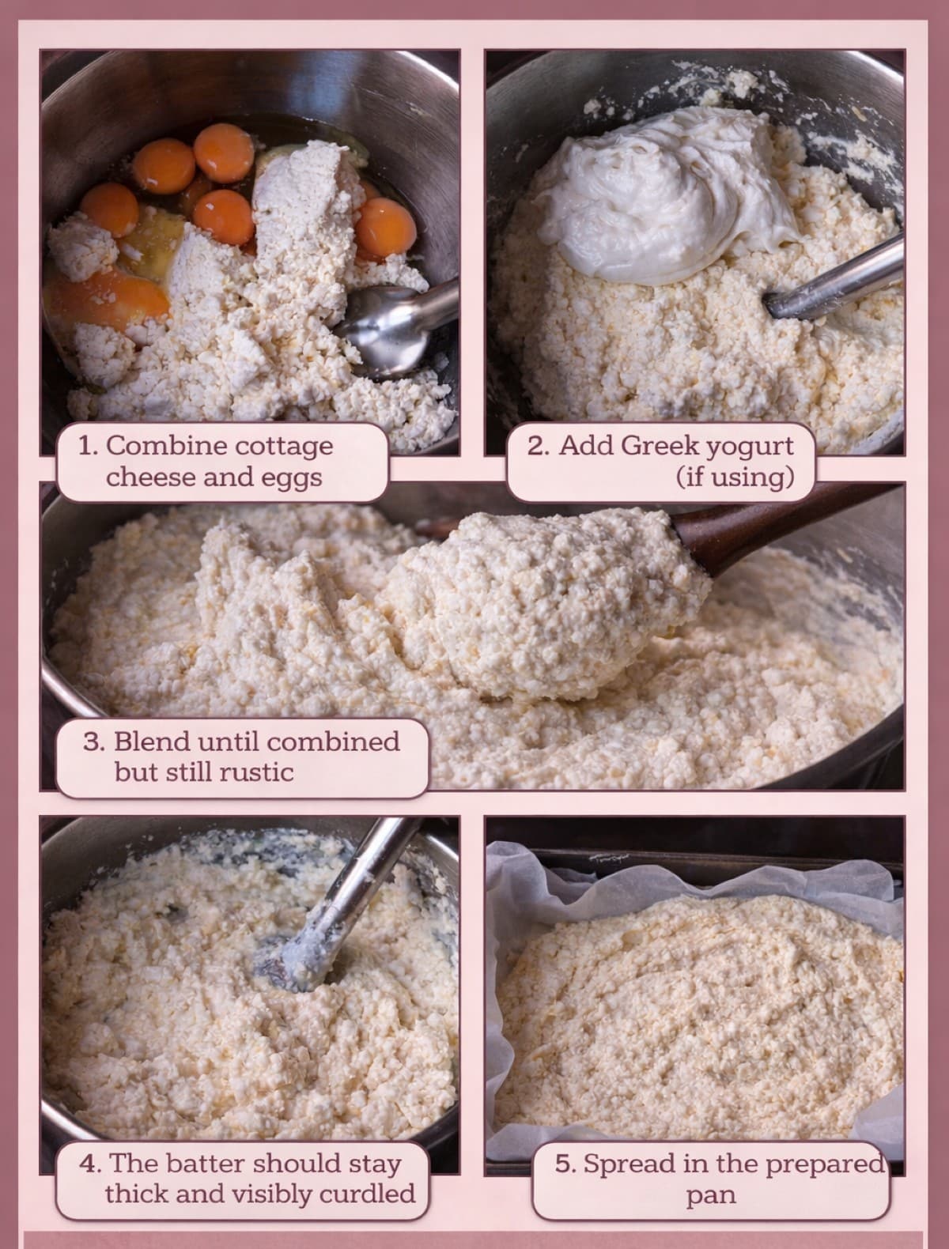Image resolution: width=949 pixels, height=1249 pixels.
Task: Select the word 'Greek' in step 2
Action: pyautogui.click(x=658, y=447)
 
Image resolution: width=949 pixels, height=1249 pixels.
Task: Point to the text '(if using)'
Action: pyautogui.click(x=734, y=477)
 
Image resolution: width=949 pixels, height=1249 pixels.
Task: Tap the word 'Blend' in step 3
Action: pyautogui.click(x=151, y=741)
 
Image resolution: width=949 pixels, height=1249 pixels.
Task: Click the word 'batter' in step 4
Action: pyautogui.click(x=217, y=1164)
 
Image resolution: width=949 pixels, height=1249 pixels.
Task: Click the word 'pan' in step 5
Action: pyautogui.click(x=710, y=1194)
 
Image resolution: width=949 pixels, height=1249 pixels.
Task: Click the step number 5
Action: pyautogui.click(x=564, y=1164)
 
